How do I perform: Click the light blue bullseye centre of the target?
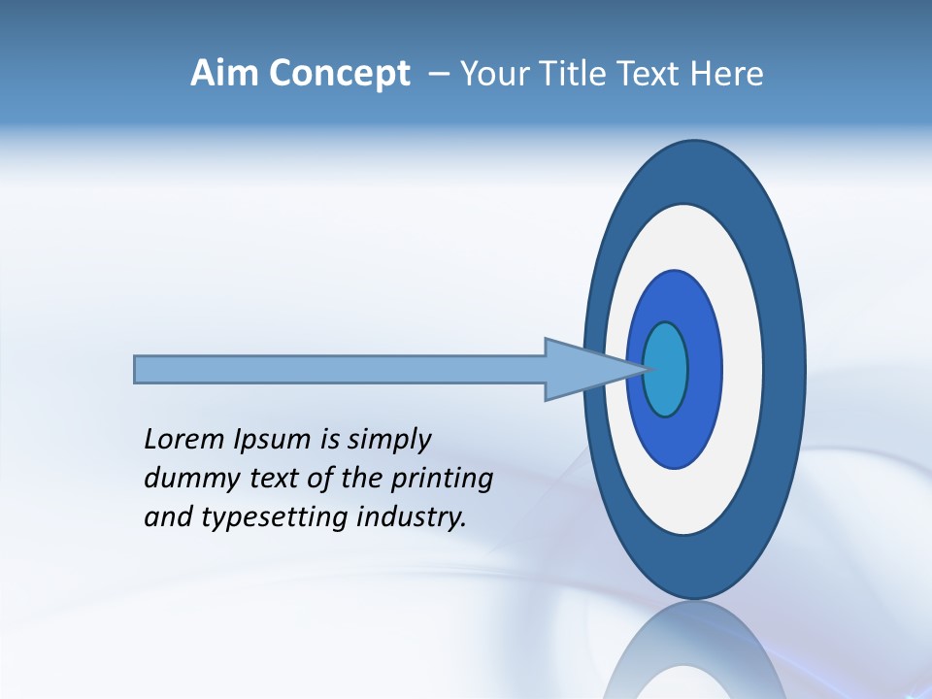[666, 369]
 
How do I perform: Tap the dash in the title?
[438, 74]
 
